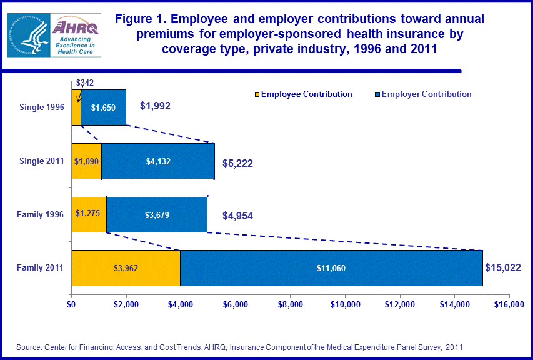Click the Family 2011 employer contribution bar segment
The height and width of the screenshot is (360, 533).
[x=331, y=268]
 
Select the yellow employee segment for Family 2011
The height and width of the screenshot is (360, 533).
[x=126, y=268]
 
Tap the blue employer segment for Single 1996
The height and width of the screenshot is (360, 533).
[x=103, y=107]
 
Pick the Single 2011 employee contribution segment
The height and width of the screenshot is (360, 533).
[x=86, y=161]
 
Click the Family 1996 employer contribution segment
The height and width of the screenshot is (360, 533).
[x=156, y=214]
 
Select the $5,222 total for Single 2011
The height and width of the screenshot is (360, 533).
[x=237, y=163]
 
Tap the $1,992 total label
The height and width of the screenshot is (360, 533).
[x=155, y=106]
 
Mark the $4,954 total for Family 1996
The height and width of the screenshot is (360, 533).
[x=237, y=216]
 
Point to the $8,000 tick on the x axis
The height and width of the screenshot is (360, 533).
[x=291, y=305]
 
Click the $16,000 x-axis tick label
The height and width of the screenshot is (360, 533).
[x=509, y=305]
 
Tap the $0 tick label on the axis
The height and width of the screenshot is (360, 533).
[x=71, y=305]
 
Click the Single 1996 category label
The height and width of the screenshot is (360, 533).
[x=42, y=107]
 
